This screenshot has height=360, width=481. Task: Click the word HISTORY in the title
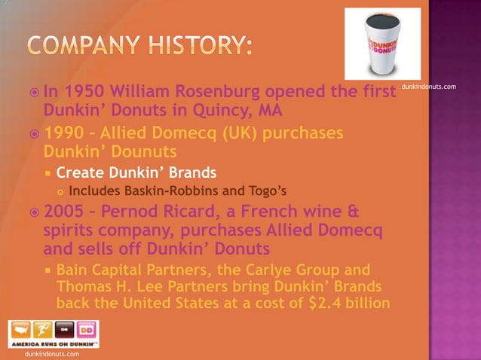[x=191, y=46]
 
